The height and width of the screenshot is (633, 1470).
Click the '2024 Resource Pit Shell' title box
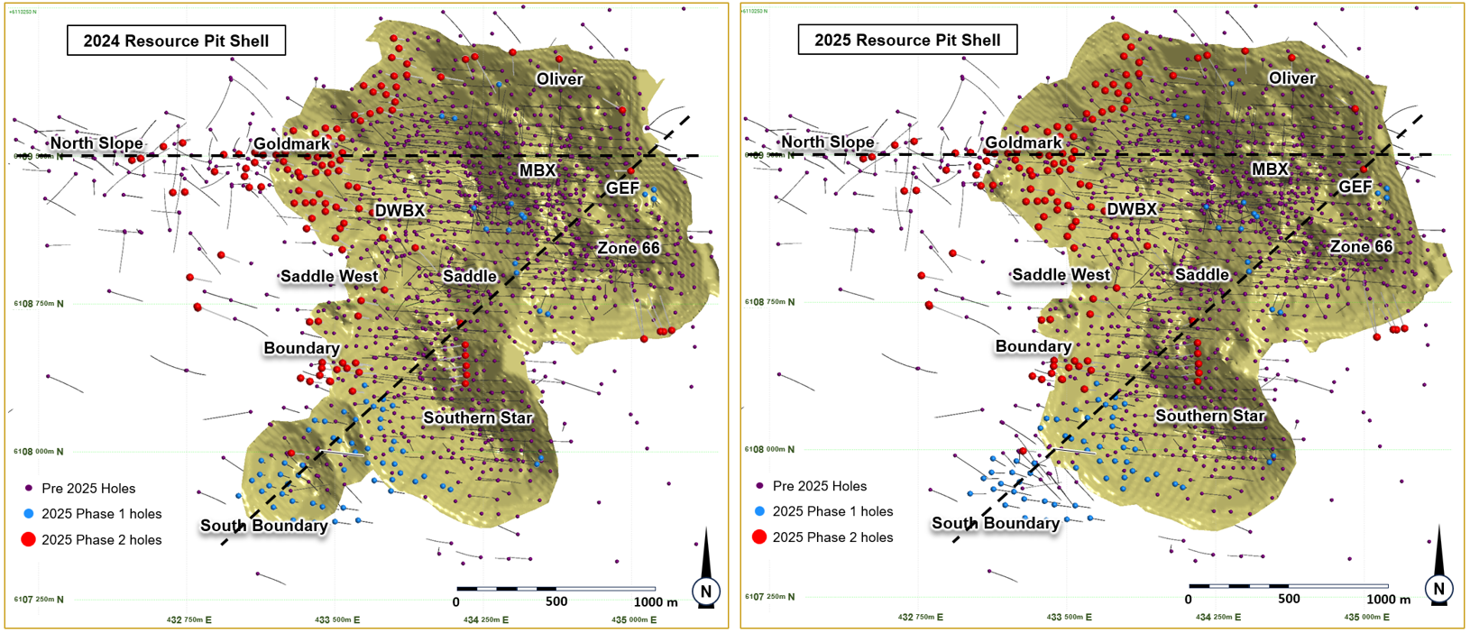click(176, 41)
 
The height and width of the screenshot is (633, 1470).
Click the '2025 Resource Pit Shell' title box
click(907, 41)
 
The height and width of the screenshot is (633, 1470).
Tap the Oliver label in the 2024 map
click(559, 79)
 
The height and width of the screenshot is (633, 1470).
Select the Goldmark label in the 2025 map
click(1023, 142)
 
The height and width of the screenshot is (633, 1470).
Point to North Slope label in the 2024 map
click(96, 143)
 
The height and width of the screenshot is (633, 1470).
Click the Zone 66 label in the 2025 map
click(1361, 246)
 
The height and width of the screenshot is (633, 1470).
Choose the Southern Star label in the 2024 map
click(478, 417)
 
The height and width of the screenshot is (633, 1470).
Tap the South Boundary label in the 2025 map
click(996, 523)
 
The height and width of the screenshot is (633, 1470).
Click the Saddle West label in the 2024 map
click(329, 276)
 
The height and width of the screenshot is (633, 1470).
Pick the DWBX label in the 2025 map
click(1131, 209)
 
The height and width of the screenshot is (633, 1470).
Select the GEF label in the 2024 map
click(622, 188)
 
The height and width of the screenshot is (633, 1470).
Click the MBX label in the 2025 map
click(1270, 169)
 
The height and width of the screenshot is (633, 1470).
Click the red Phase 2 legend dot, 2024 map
click(28, 540)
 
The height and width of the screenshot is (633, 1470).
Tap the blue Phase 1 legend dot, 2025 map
click(759, 511)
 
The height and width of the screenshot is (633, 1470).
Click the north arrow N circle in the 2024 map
click(706, 592)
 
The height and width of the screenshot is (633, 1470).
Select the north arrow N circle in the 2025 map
click(1438, 589)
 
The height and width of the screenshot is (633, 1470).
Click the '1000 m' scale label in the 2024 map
click(656, 602)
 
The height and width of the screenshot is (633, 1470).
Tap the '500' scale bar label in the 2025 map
click(1289, 600)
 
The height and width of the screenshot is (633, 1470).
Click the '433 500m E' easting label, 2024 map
click(337, 620)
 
